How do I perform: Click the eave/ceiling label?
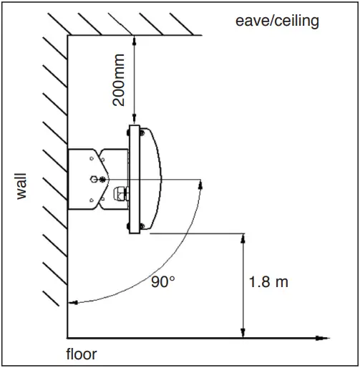coord(278,21)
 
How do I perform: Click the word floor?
coord(81,354)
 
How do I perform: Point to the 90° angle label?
coord(162,281)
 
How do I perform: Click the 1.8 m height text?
coord(268,281)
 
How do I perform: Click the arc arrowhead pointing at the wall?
coord(72,303)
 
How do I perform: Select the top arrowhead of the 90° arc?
coord(201,183)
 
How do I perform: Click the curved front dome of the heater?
coord(157,178)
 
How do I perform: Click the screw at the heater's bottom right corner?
coord(144,227)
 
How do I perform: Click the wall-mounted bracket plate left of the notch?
coord(80,179)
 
